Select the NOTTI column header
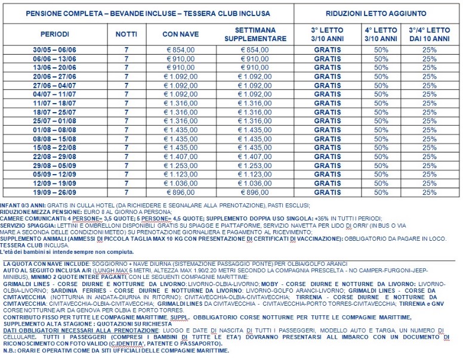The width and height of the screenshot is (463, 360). point(126,34)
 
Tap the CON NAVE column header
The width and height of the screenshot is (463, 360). point(180,34)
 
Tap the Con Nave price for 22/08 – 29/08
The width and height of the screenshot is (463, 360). point(180,156)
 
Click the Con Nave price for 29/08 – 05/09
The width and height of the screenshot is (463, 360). point(180,165)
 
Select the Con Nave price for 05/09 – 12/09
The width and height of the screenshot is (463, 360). point(180,174)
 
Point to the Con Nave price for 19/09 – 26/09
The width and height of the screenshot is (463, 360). point(180,192)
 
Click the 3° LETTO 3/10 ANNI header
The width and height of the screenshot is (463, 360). point(327,34)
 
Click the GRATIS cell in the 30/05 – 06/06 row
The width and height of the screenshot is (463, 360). point(327,50)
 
